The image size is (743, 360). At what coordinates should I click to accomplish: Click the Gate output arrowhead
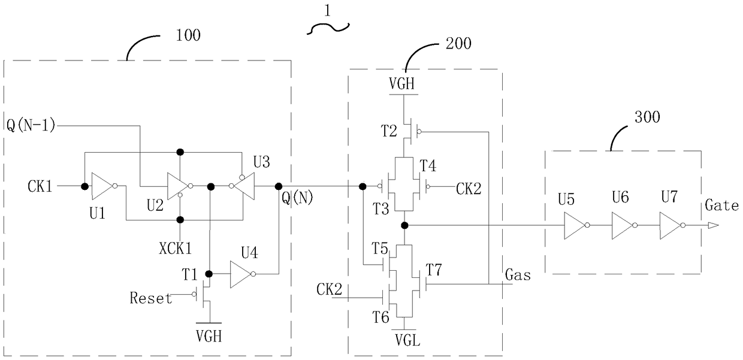coord(713,226)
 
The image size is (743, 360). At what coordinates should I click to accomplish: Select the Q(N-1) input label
coord(31,126)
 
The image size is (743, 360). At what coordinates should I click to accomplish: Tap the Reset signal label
coord(151,298)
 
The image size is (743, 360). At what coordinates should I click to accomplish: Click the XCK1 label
coord(176,249)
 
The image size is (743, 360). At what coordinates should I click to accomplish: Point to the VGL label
coord(407,340)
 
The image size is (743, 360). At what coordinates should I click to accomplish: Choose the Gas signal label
coord(518,275)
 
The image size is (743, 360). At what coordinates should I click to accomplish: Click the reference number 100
coord(188,35)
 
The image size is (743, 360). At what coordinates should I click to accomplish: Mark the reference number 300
coord(647,117)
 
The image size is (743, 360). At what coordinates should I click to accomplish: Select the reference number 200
coord(458,43)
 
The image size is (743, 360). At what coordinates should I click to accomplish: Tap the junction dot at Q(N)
coord(279,186)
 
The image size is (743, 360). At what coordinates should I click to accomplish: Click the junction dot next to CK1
coord(85,186)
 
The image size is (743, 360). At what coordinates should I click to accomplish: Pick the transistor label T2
coord(389,131)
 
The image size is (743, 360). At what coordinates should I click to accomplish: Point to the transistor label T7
coord(434,270)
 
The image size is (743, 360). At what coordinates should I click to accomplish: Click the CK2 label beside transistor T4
coord(469,189)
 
